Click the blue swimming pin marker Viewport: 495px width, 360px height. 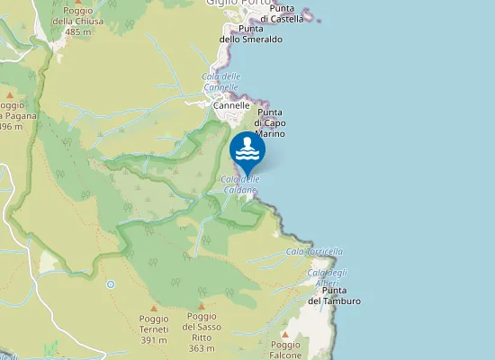point(247,150)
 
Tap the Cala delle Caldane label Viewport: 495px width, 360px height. point(239,184)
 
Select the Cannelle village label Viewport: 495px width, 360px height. point(231,105)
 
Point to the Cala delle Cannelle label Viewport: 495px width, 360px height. point(220,82)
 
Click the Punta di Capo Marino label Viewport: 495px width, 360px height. point(268,122)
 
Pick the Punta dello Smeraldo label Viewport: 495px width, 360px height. point(251,34)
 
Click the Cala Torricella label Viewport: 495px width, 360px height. point(314,251)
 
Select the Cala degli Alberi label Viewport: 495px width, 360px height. point(327,277)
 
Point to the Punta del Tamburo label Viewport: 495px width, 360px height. point(334,295)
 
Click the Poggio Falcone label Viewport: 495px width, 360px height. point(285,349)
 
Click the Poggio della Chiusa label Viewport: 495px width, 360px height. point(78,22)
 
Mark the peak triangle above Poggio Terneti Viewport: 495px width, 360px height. point(154,307)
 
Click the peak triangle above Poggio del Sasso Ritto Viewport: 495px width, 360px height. point(202,306)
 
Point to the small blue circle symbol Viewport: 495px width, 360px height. point(111,284)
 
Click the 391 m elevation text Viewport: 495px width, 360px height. point(154,340)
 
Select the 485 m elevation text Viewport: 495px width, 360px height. point(78,31)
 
